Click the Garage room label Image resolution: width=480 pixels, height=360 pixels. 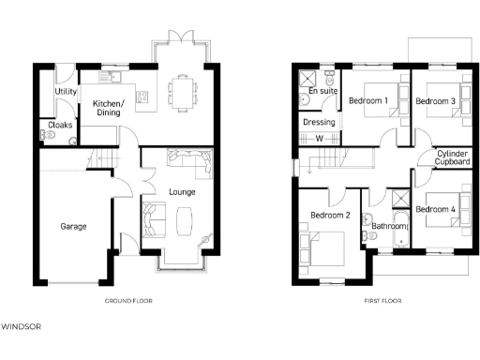pyautogui.click(x=75, y=226)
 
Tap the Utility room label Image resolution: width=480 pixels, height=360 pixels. pyautogui.click(x=66, y=92)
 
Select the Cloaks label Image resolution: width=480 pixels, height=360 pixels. pyautogui.click(x=61, y=124)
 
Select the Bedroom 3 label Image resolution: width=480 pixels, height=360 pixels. pyautogui.click(x=435, y=99)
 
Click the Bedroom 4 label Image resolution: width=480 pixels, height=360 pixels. pyautogui.click(x=436, y=208)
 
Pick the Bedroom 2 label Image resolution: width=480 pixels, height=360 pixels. pyautogui.click(x=330, y=215)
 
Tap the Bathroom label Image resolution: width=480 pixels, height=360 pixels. pyautogui.click(x=388, y=227)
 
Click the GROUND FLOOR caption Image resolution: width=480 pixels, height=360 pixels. pyautogui.click(x=128, y=301)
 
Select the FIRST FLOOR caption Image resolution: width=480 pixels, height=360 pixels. pyautogui.click(x=382, y=301)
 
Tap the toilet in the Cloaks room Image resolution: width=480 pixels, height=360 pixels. pyautogui.click(x=50, y=136)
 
